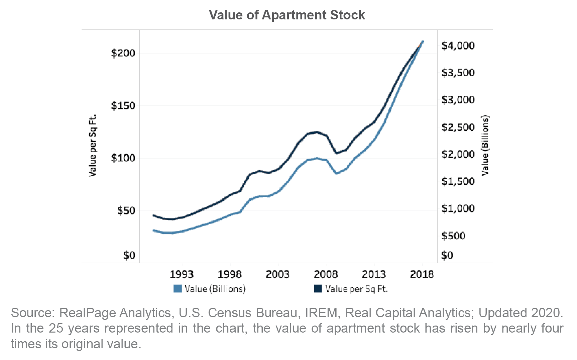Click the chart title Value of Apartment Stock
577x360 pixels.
click(x=287, y=15)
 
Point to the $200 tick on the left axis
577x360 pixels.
click(x=123, y=53)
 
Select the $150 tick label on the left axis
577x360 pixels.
click(x=123, y=106)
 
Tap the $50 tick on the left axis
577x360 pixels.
click(x=126, y=211)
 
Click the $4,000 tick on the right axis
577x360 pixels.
click(x=458, y=46)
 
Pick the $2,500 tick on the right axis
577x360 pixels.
click(x=458, y=127)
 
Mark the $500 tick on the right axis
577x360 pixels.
click(x=453, y=236)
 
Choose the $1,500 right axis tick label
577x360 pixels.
click(x=458, y=181)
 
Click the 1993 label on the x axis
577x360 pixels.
click(x=181, y=274)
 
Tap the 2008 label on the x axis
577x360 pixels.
click(x=326, y=274)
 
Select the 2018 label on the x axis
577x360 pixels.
click(x=422, y=274)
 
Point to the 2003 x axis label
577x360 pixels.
click(x=277, y=274)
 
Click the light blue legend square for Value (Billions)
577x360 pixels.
click(x=178, y=288)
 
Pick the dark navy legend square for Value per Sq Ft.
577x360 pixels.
click(x=318, y=288)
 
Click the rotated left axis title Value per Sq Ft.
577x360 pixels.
click(x=93, y=146)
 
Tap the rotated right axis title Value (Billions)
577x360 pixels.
click(x=485, y=146)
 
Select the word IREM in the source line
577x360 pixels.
click(x=321, y=313)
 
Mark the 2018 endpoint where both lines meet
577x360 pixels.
click(x=423, y=41)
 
